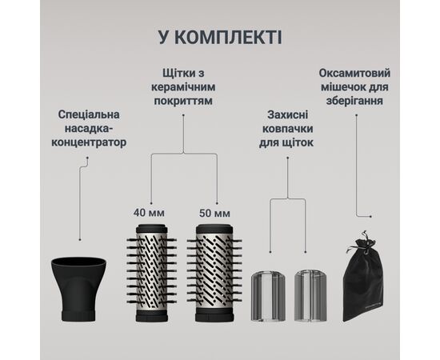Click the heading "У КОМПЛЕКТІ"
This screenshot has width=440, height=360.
[x=219, y=37]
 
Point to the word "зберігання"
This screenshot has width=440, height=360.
[x=369, y=102]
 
